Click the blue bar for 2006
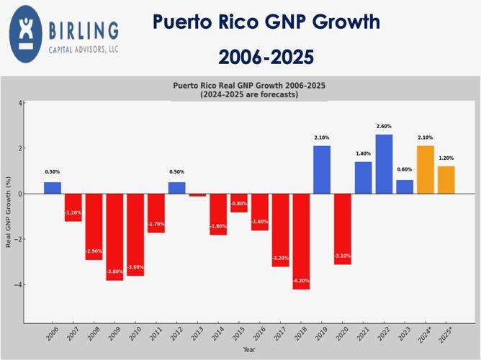53,188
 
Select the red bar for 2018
301,241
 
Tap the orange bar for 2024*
426,170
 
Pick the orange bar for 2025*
446,180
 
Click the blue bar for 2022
384,164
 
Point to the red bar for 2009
114,237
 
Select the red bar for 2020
343,229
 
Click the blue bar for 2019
322,170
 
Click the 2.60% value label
384,126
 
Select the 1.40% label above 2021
363,154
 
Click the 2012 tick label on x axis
175,335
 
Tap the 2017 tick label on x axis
279,335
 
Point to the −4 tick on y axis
19,285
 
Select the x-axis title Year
249,350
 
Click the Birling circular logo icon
27,35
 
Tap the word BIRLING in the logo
84,30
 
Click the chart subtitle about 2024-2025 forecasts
249,94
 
